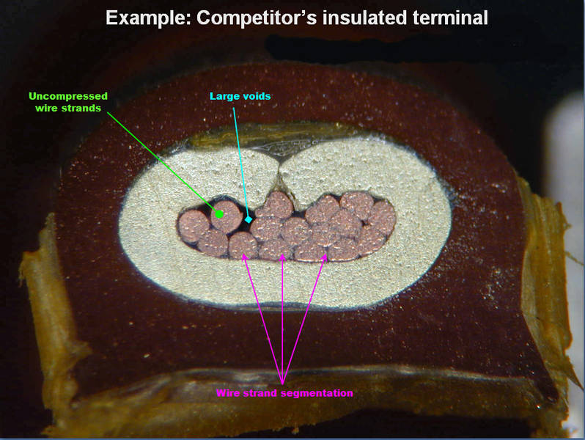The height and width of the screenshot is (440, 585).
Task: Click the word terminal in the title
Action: tap(448, 18)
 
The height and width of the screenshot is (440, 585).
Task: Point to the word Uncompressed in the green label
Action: tap(68, 96)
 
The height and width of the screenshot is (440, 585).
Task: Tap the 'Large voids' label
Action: tap(240, 96)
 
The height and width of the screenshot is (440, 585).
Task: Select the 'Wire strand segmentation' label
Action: tap(284, 393)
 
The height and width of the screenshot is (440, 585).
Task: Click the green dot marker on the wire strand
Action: tap(218, 214)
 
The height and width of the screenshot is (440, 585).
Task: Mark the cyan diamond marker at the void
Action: tap(249, 219)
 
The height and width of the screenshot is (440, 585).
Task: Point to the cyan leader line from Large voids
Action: tap(241, 161)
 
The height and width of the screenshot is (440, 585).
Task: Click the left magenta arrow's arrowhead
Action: tap(244, 256)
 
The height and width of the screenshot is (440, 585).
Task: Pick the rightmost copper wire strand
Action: tap(381, 217)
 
